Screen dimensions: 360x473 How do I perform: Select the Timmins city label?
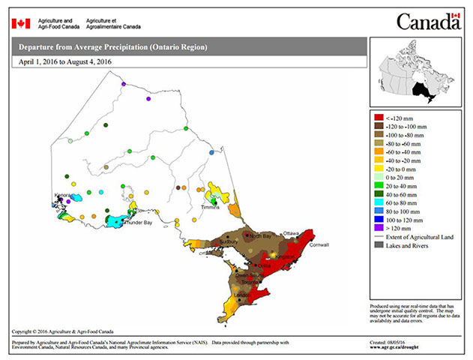[x=210, y=207]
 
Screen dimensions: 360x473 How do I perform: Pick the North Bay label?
[x=260, y=236]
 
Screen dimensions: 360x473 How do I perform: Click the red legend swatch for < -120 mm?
[x=379, y=118]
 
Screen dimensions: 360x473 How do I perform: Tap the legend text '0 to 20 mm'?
[x=403, y=176]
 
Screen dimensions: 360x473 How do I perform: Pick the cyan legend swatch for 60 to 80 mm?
[x=379, y=202]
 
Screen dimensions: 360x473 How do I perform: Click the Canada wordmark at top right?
[x=427, y=22]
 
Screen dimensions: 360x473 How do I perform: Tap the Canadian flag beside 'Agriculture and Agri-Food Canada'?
[x=21, y=23]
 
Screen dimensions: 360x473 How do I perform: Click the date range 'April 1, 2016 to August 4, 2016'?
[x=68, y=62]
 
